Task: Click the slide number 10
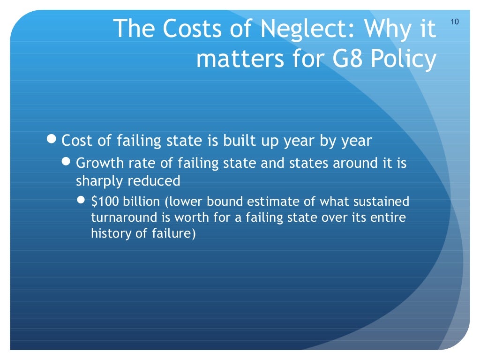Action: point(455,22)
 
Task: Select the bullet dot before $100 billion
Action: point(82,201)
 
